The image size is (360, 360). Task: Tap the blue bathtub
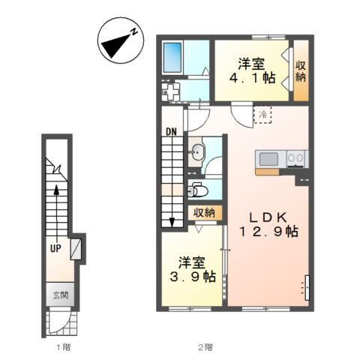[172, 58]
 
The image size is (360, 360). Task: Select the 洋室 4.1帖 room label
[253, 70]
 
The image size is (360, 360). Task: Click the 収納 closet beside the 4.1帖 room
[301, 70]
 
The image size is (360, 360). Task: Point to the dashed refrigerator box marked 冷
[262, 115]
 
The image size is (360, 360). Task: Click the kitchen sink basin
[269, 159]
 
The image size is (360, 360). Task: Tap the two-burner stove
[295, 158]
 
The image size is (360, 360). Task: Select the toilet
[197, 190]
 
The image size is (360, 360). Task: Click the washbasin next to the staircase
[196, 152]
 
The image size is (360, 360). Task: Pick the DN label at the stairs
[172, 132]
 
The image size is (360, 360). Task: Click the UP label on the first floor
[55, 248]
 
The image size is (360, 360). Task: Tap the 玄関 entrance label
[60, 295]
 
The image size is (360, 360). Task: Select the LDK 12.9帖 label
[269, 225]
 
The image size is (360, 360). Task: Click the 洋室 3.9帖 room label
[193, 269]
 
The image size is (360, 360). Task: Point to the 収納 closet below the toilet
[205, 213]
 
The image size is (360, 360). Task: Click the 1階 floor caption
[64, 347]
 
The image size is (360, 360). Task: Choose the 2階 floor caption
[205, 347]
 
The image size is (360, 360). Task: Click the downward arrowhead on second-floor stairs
[172, 222]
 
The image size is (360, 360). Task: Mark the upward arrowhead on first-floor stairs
[57, 190]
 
